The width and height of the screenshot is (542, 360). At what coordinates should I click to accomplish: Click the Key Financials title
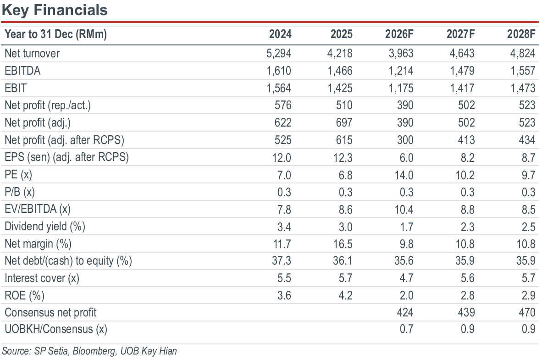click(x=55, y=10)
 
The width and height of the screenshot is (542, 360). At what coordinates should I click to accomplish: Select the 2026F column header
click(x=399, y=34)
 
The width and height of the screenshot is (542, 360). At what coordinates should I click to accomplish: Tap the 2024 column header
click(x=280, y=34)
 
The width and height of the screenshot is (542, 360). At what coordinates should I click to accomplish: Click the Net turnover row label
click(x=32, y=53)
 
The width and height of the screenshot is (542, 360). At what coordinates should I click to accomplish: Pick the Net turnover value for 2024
click(x=279, y=53)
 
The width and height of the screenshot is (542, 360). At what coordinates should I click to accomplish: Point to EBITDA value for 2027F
click(x=462, y=71)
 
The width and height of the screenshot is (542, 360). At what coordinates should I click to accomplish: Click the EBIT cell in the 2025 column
click(x=340, y=88)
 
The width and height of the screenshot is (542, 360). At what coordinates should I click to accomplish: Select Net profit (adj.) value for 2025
click(x=344, y=123)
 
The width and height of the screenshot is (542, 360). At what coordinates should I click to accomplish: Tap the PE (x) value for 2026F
click(x=404, y=175)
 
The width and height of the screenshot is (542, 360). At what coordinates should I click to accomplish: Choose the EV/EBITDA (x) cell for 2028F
click(x=529, y=210)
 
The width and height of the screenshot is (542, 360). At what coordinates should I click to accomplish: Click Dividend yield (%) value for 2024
click(x=284, y=227)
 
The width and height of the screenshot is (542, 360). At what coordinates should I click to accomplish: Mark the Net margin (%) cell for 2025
click(x=343, y=244)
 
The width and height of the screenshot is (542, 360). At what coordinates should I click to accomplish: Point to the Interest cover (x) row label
click(x=42, y=278)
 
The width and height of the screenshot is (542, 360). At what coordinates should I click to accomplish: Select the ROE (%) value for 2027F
click(x=468, y=296)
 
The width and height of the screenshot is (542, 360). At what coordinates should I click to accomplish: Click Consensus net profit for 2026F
click(x=405, y=313)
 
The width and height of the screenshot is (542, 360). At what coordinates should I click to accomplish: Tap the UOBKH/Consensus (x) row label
click(x=56, y=329)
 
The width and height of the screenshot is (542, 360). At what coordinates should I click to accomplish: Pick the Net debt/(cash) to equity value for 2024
click(x=282, y=261)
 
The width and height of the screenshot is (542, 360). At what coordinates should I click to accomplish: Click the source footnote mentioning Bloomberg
click(x=89, y=351)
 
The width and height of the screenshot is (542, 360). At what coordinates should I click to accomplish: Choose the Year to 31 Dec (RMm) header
click(x=55, y=34)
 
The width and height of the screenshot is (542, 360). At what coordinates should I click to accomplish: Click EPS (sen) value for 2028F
click(x=529, y=158)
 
